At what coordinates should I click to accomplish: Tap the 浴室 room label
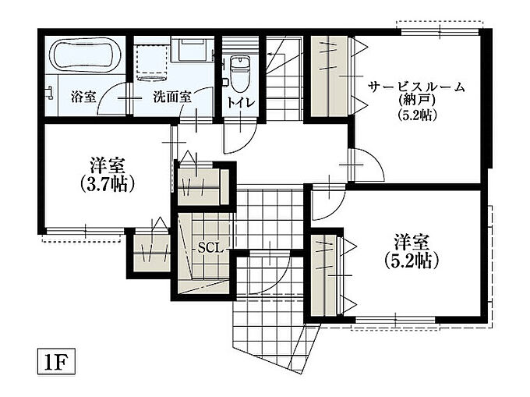point(84,97)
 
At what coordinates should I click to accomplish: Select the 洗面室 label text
point(173,97)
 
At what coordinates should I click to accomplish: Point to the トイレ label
point(240,102)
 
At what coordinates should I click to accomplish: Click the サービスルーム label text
point(417,87)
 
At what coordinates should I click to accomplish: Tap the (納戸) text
point(416,101)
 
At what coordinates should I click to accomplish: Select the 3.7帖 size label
point(108,184)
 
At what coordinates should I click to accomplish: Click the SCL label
point(210,249)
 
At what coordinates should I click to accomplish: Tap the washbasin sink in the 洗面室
point(192,50)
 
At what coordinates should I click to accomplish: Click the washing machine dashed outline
point(152,61)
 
